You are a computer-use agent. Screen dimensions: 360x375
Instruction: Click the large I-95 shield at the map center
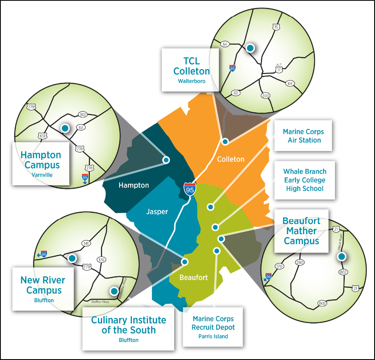[x=190, y=189]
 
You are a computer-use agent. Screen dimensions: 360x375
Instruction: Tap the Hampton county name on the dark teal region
[x=134, y=185]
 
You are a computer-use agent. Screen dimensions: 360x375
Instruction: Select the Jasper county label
[x=157, y=211]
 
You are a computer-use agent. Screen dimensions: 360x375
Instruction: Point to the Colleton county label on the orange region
[x=231, y=159]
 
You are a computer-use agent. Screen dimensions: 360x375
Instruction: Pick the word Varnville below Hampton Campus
[x=41, y=174]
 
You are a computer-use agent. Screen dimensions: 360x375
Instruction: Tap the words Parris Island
[x=213, y=336]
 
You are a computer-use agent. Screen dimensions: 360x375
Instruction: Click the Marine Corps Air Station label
[x=303, y=136]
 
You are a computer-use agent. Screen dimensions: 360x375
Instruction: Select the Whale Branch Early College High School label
[x=305, y=180]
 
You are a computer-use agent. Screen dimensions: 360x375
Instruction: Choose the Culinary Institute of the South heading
[x=129, y=325]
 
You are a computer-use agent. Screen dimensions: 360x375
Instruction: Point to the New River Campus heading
[x=43, y=285]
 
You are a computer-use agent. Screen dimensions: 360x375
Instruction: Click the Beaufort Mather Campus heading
[x=301, y=231]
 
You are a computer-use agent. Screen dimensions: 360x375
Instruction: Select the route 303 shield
[x=266, y=95]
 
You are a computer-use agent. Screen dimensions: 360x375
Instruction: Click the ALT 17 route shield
[x=278, y=69]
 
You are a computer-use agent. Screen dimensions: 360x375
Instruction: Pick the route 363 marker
[x=83, y=114]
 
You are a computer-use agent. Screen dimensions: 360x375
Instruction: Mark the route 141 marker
[x=86, y=243]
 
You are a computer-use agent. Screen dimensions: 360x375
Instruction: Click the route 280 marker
[x=300, y=262]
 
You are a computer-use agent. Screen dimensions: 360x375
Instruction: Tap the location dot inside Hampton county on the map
[x=166, y=160]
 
